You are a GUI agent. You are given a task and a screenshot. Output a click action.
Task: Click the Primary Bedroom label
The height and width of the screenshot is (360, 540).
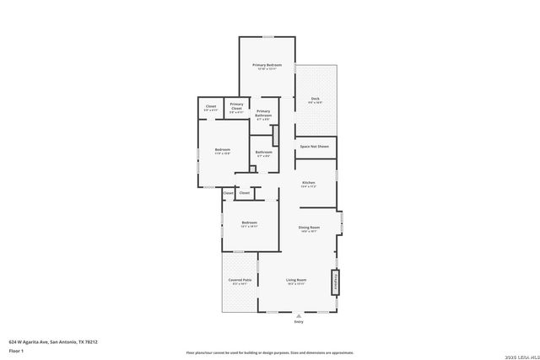[x=267, y=65]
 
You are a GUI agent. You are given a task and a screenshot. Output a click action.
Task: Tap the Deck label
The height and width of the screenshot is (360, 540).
[x=315, y=99]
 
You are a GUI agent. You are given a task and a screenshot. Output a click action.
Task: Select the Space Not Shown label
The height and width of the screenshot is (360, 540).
[x=315, y=147]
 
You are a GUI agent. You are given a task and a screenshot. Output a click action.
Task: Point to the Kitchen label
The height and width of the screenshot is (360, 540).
[x=309, y=183]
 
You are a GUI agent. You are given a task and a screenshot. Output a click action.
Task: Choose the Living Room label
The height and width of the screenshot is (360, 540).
[x=295, y=280]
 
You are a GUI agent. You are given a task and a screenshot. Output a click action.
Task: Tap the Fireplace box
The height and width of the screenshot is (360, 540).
[x=336, y=282]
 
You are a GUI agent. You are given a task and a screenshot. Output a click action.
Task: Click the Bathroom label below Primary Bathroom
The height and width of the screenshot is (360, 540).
[x=263, y=153]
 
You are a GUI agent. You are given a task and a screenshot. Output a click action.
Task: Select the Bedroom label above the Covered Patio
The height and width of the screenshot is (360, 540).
[x=249, y=223]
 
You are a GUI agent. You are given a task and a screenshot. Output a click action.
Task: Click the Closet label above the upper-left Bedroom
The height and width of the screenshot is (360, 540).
[x=211, y=107]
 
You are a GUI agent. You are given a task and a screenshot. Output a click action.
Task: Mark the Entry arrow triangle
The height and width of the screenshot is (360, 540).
[x=298, y=315]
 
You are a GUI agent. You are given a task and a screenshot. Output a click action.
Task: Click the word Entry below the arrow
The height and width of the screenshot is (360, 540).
[x=298, y=322]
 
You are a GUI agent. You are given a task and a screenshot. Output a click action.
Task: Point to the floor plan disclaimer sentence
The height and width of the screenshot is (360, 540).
[x=270, y=352]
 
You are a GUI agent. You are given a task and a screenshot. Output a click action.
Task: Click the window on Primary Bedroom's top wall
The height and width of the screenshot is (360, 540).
[x=267, y=36]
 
